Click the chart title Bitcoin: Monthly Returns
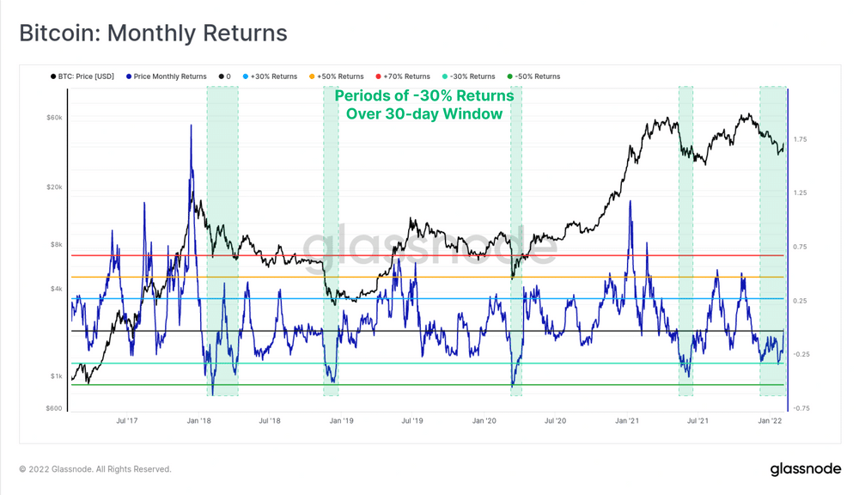[153, 34]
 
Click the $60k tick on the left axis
[53, 117]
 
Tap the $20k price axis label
[53, 187]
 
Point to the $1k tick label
[55, 376]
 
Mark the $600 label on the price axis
[53, 408]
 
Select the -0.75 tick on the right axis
[803, 408]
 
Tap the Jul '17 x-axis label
[127, 421]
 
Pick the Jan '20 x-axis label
[484, 421]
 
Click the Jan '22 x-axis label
[770, 421]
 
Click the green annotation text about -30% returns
[424, 104]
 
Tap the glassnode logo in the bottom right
[805, 469]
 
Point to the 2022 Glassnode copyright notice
[95, 469]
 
